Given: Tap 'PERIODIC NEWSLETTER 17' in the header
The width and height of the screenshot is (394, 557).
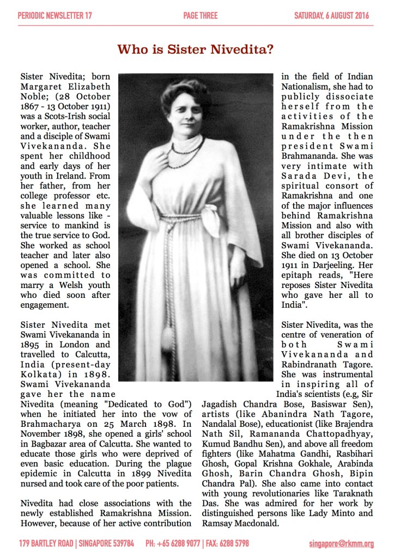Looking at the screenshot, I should [54, 16].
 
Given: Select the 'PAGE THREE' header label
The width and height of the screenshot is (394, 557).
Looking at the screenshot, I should [201, 16].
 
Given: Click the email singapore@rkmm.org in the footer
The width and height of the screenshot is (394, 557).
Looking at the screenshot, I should [342, 543].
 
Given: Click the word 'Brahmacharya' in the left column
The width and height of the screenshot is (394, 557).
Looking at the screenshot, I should [47, 425].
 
